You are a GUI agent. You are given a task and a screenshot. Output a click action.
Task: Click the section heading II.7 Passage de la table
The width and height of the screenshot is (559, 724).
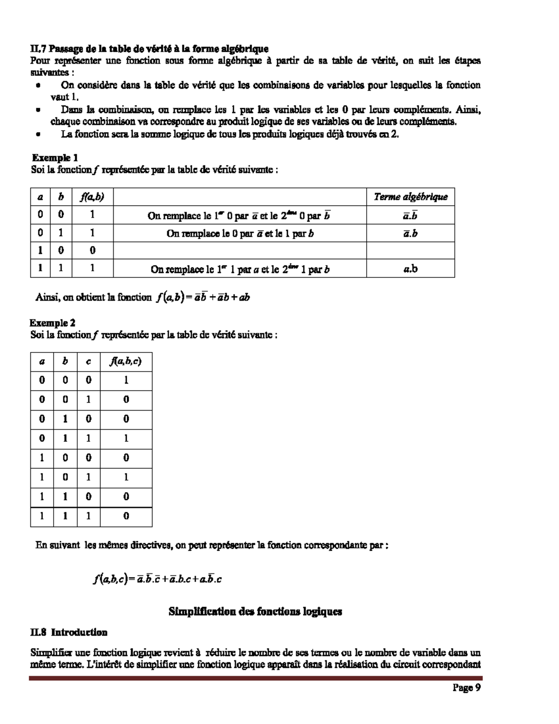coord(149,48)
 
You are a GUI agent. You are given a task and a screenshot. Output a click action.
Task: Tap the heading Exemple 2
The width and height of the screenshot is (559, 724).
coord(53,323)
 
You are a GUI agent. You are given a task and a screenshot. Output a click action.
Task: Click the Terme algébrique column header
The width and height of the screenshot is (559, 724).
coord(410,197)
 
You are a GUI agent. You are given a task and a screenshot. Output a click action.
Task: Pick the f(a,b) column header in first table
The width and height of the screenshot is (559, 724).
coord(92,197)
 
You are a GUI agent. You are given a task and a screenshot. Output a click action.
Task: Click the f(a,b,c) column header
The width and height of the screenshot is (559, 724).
coord(126,361)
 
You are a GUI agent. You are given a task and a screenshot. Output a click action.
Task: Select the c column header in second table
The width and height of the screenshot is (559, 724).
coord(89,361)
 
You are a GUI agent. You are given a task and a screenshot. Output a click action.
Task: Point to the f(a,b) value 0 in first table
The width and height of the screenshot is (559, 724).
coord(92,251)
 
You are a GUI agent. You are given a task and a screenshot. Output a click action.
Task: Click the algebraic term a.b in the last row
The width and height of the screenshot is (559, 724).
coord(410,269)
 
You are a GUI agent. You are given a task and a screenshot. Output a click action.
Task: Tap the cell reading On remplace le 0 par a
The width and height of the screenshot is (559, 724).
coord(240,233)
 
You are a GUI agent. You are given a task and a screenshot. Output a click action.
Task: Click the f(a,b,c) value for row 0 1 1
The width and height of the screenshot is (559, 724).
coord(126,438)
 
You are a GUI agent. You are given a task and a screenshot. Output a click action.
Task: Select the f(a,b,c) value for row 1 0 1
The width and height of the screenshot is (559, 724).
coord(126,477)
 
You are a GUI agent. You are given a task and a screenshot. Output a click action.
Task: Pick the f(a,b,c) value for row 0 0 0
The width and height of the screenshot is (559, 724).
coord(126,380)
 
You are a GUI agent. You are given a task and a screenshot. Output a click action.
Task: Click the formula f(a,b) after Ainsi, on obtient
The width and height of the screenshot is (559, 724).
coord(203,297)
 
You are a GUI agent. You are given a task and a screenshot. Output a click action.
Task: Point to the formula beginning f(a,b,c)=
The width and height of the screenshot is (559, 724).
coord(157,579)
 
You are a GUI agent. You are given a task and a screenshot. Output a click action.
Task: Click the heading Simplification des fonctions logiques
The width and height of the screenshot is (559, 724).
coord(255,611)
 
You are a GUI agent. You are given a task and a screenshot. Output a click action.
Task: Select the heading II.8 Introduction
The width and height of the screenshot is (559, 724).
coord(68,633)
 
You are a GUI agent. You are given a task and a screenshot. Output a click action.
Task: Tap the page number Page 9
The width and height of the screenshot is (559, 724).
coord(466,688)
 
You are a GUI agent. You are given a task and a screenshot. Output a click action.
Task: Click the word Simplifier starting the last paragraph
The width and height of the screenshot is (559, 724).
coord(49,653)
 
